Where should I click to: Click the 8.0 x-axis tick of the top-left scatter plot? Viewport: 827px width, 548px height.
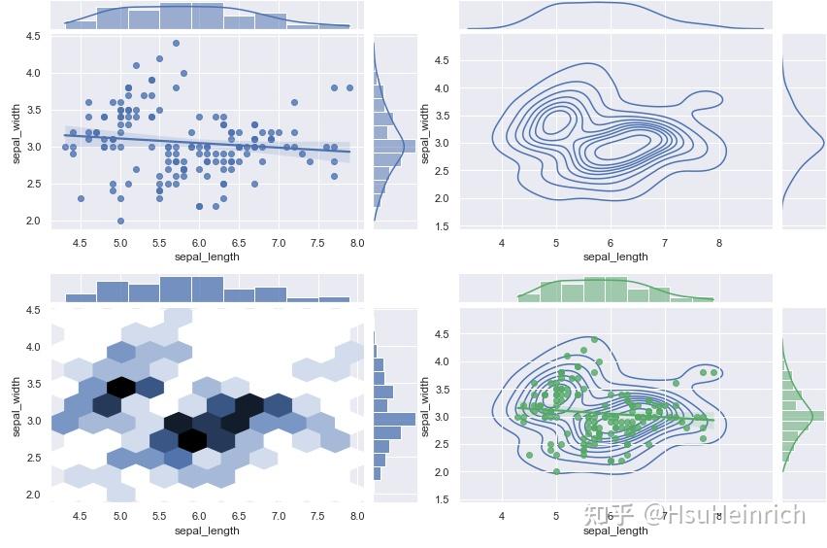coord(357,242)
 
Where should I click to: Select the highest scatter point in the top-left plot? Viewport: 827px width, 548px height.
coord(176,43)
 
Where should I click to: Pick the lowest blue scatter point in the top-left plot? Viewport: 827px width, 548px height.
coord(120,221)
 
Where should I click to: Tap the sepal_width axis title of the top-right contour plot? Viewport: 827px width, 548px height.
coord(425,134)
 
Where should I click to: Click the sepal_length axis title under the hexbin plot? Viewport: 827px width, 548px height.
coord(207,531)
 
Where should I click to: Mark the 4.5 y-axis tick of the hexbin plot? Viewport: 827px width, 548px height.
coord(33,310)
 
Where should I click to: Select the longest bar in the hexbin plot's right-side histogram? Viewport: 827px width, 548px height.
coord(394,420)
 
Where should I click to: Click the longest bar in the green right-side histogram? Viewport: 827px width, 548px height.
coord(803,416)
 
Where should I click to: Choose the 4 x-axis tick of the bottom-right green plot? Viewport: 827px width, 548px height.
coord(502,516)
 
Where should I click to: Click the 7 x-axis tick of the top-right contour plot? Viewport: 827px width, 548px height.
coord(665,242)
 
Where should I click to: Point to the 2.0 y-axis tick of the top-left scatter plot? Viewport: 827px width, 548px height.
coord(33,221)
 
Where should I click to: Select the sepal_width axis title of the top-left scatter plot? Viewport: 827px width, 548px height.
coord(16,134)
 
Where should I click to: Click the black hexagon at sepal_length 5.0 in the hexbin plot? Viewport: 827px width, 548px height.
coord(120,386)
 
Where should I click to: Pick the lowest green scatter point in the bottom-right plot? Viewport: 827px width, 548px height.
coord(556,471)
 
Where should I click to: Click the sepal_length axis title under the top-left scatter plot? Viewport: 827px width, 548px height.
coord(207,257)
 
